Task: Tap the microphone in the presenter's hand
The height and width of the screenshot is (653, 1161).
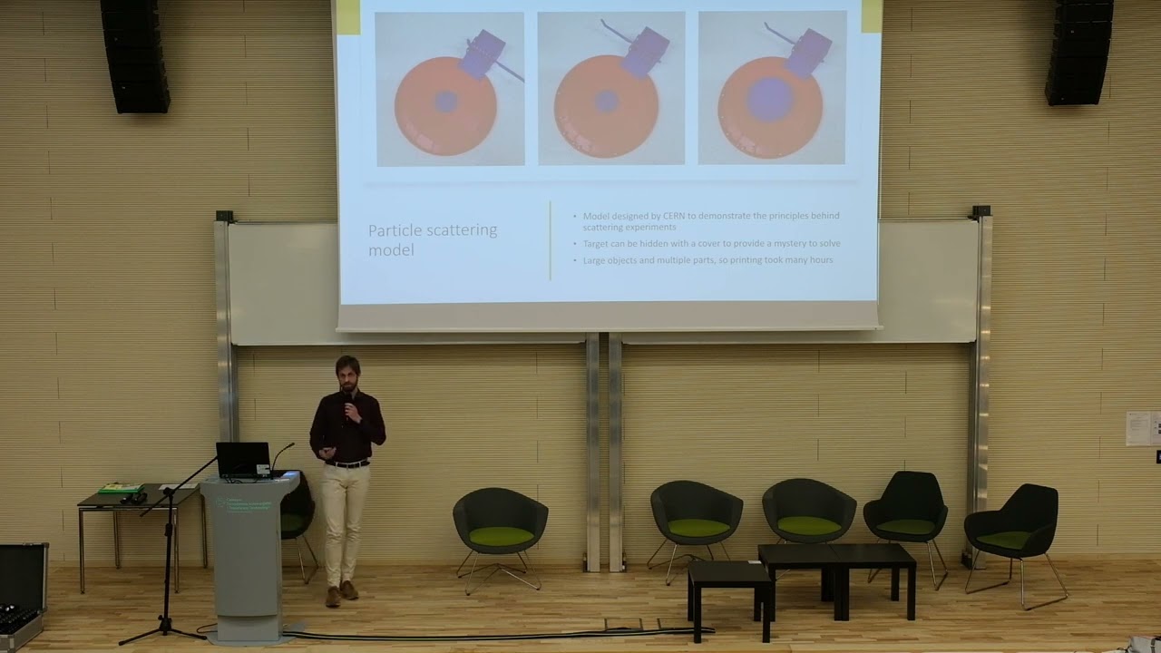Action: (346, 409)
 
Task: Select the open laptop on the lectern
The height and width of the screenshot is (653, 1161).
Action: (242, 459)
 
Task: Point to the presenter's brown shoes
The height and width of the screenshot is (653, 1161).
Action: (341, 593)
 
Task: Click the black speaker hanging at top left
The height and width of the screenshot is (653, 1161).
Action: (134, 56)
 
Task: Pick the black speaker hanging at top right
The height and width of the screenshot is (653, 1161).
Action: (1078, 52)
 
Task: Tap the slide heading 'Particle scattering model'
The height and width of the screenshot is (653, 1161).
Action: (433, 239)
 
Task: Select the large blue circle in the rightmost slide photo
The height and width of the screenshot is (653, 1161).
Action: (770, 99)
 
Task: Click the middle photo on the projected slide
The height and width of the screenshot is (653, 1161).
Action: (610, 89)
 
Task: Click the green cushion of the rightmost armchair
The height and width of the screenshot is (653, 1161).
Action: (1003, 540)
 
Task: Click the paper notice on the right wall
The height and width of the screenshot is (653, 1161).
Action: (1138, 428)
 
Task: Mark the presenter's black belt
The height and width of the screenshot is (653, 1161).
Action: (347, 463)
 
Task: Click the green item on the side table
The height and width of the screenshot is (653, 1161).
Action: (120, 489)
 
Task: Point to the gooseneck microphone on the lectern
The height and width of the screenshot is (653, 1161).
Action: (281, 453)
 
